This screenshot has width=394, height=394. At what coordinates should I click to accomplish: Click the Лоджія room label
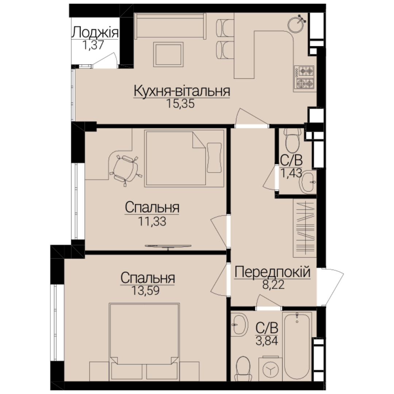[x=95, y=33]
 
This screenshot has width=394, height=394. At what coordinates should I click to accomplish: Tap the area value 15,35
[x=181, y=104]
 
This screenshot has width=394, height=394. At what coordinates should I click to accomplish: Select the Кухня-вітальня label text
[x=182, y=91]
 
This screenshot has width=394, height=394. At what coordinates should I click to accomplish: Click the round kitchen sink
[x=297, y=24]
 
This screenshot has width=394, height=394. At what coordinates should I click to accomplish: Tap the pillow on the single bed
[x=214, y=158]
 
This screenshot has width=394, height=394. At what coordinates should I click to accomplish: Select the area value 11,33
[x=152, y=221]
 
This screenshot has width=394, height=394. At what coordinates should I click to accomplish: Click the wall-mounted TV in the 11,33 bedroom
[x=168, y=247]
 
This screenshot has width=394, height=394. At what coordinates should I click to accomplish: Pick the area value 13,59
[x=146, y=291]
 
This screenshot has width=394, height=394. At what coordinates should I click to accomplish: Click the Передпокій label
[x=273, y=273]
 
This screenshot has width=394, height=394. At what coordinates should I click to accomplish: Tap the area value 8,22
[x=273, y=285]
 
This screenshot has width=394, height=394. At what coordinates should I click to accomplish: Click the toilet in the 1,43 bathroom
[x=293, y=140]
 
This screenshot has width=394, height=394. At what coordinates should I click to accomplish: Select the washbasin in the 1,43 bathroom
[x=308, y=182]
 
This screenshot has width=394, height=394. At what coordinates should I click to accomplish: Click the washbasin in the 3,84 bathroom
[x=239, y=324]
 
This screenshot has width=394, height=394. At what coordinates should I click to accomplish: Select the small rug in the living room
[x=168, y=54]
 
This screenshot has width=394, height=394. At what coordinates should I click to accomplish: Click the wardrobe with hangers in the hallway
[x=305, y=229]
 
